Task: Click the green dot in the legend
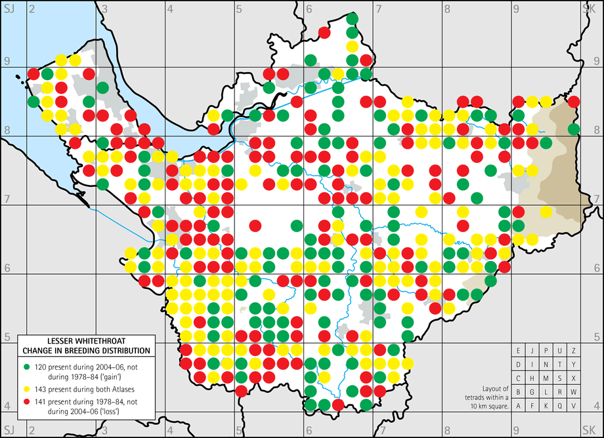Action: pos(27,365)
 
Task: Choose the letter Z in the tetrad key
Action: pos(574,351)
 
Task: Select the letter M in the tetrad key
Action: pos(546,378)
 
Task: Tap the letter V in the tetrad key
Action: pos(574,406)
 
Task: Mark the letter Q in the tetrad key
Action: pos(559,406)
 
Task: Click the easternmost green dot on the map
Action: pos(574,129)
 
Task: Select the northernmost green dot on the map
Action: pos(352,18)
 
